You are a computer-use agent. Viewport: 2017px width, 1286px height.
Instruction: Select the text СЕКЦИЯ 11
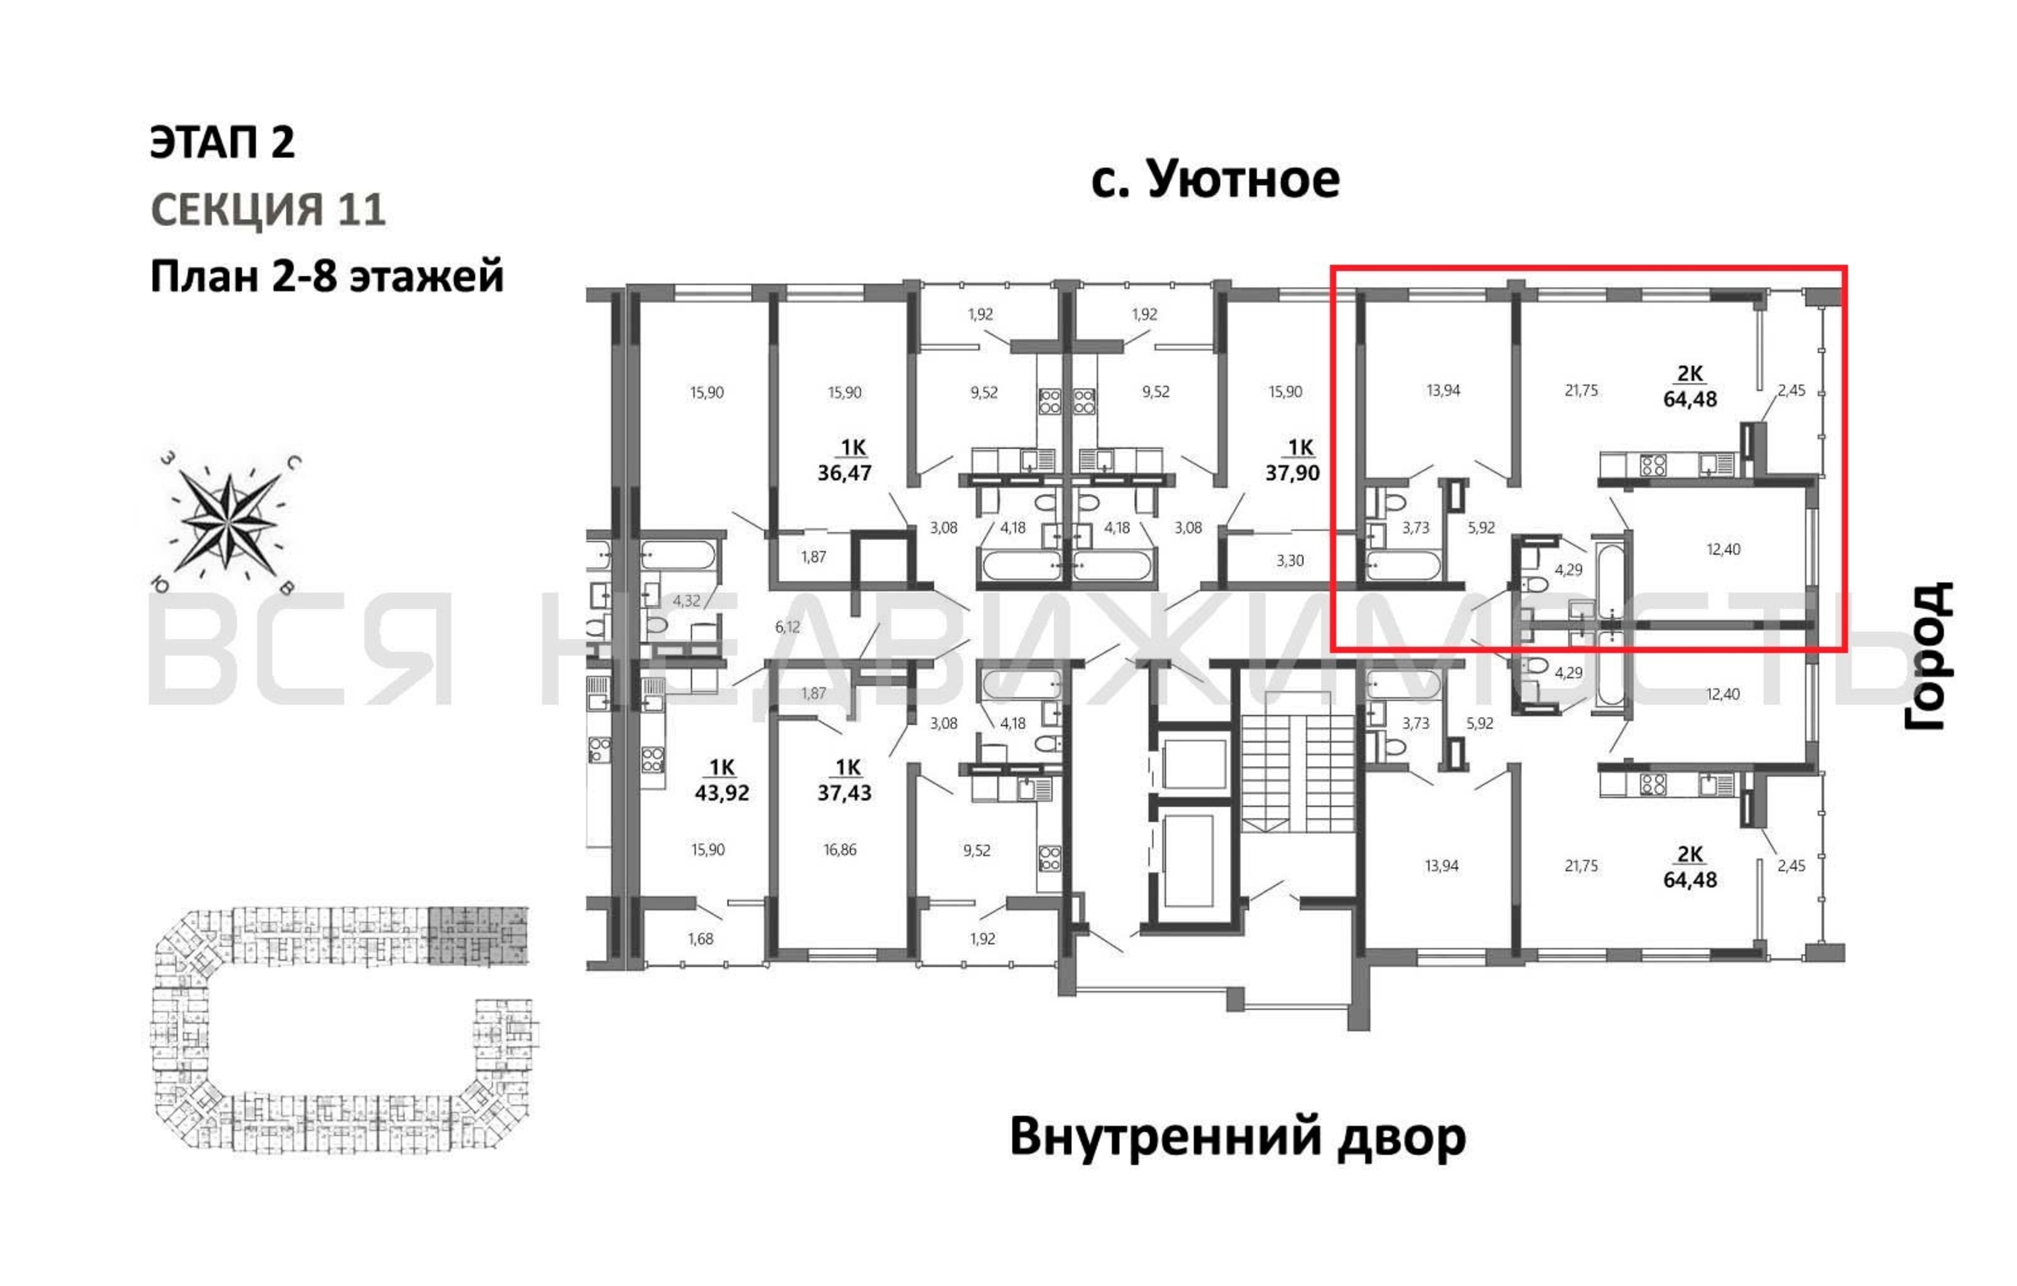click(x=268, y=210)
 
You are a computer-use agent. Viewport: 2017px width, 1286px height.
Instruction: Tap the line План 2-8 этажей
click(x=327, y=276)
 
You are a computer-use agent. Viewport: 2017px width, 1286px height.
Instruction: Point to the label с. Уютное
click(x=1215, y=180)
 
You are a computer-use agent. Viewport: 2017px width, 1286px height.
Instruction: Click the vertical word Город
click(x=1928, y=656)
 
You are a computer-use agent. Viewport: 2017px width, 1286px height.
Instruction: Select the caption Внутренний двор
click(x=1238, y=1137)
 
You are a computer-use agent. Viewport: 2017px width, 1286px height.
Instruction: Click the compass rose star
click(x=228, y=520)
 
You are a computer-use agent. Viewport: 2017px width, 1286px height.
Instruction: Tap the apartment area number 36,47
click(x=844, y=473)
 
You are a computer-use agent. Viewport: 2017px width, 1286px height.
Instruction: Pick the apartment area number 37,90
click(x=1292, y=473)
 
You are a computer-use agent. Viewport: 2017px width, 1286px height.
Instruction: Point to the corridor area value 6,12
click(x=788, y=627)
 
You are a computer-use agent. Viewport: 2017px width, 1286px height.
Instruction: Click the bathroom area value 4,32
click(x=686, y=601)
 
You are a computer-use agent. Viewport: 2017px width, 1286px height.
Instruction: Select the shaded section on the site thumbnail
click(x=478, y=936)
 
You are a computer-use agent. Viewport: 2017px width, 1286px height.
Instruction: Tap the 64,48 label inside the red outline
click(x=1690, y=399)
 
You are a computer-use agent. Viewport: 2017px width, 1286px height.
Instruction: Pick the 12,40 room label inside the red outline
click(x=1723, y=550)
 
